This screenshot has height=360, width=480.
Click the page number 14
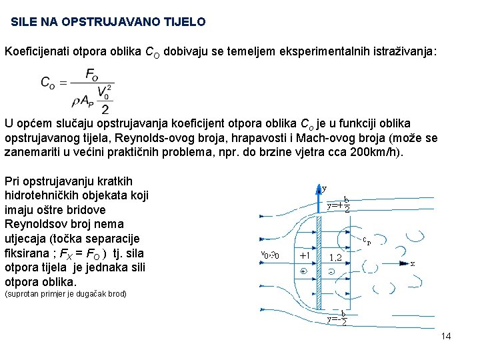pyautogui.click(x=446, y=336)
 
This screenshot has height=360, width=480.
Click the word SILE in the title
pyautogui.click(x=24, y=22)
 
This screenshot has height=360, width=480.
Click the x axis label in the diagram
pyautogui.click(x=413, y=263)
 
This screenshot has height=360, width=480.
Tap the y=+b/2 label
pyautogui.click(x=339, y=205)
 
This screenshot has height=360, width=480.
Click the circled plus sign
pyautogui.click(x=303, y=271)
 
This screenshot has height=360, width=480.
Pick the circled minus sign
pyautogui.click(x=331, y=272)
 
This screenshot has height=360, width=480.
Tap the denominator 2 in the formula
pyautogui.click(x=105, y=109)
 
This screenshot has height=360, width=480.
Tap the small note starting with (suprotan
pyautogui.click(x=65, y=294)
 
